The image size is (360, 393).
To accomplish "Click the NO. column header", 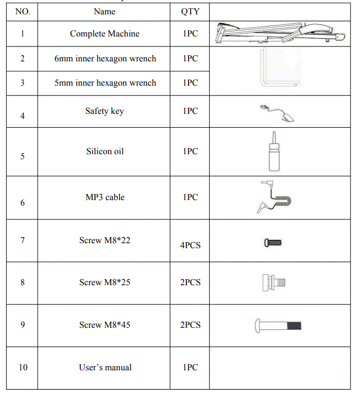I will click(x=23, y=12).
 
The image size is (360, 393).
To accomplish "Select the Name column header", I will click(x=105, y=12).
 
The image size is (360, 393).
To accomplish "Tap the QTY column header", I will click(x=190, y=12).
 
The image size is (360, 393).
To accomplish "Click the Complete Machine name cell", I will click(x=105, y=34).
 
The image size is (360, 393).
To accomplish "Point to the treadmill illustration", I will click(x=280, y=33).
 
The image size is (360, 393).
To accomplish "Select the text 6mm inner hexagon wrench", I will click(x=105, y=59).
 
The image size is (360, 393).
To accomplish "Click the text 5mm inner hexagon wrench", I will click(x=105, y=83).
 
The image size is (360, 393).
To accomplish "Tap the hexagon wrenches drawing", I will click(x=280, y=70).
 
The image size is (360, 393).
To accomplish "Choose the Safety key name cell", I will click(x=105, y=111).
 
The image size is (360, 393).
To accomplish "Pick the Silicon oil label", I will click(x=105, y=151).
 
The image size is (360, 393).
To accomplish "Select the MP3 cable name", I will click(x=105, y=197).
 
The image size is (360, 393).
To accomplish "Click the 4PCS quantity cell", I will click(x=190, y=245).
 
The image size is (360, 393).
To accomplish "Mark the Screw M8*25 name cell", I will click(x=105, y=282).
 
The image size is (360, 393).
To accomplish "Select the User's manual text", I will click(x=105, y=368).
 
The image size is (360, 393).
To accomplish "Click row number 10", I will click(x=23, y=368).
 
